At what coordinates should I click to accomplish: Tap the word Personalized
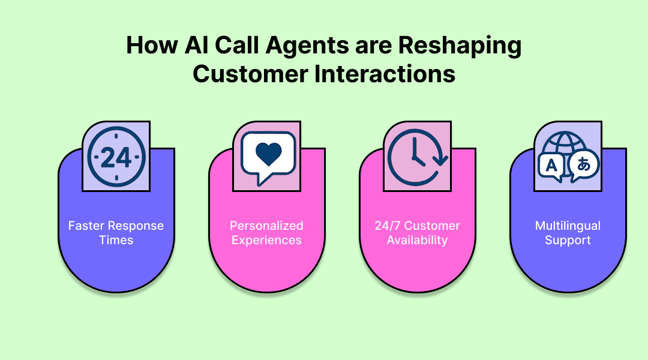pos(266,226)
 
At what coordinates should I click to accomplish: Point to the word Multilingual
pos(568,226)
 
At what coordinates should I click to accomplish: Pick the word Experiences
pos(266,241)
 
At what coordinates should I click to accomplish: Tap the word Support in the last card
pos(568,241)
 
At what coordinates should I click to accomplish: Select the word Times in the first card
pos(116,241)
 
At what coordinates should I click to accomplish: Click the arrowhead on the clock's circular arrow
pos(442,161)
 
